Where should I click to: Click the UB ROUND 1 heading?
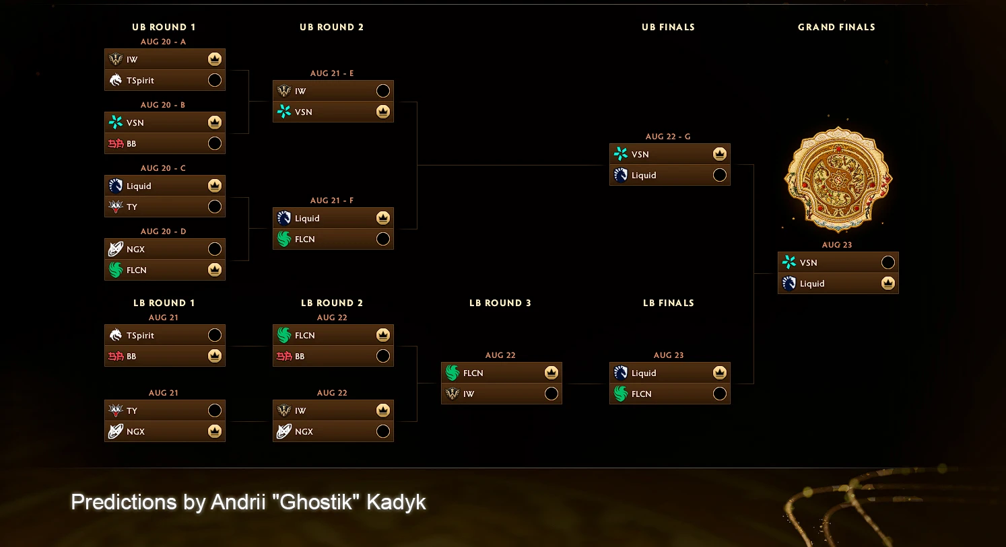pyautogui.click(x=164, y=27)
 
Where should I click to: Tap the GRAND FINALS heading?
pyautogui.click(x=836, y=27)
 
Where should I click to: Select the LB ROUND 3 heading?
pyautogui.click(x=500, y=303)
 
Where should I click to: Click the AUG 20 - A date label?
pyautogui.click(x=163, y=42)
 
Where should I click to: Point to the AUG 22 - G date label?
pyautogui.click(x=668, y=137)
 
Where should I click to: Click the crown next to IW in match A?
pyautogui.click(x=215, y=59)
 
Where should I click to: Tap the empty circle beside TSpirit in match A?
pyautogui.click(x=215, y=80)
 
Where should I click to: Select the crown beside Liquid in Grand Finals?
pyautogui.click(x=888, y=283)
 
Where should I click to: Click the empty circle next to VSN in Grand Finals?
pyautogui.click(x=888, y=262)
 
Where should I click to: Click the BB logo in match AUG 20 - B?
pyautogui.click(x=115, y=143)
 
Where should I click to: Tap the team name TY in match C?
pyautogui.click(x=131, y=207)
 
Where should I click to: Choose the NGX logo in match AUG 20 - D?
pyautogui.click(x=115, y=248)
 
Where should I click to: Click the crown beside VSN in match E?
pyautogui.click(x=383, y=111)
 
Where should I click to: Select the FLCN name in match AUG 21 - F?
pyautogui.click(x=304, y=239)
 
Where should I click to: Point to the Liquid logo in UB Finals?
pyautogui.click(x=621, y=175)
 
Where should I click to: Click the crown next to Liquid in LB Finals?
pyautogui.click(x=719, y=373)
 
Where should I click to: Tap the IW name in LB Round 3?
pyautogui.click(x=469, y=394)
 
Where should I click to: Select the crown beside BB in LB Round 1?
pyautogui.click(x=215, y=356)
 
